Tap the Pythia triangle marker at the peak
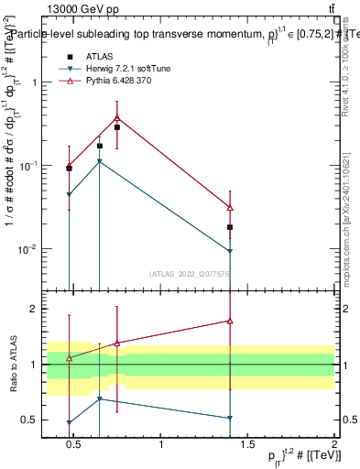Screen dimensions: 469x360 tap(117, 117)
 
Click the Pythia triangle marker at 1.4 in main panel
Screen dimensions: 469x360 tap(230, 208)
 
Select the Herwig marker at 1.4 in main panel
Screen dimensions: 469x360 tap(230, 251)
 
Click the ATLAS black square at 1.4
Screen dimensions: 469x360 tap(230, 227)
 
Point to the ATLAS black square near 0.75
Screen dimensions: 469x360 tap(117, 127)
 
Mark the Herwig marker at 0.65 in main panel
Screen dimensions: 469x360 tap(100, 161)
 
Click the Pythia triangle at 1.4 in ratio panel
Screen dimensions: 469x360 tap(230, 321)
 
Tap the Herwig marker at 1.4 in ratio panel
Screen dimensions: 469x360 tap(230, 418)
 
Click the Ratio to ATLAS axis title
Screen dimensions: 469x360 tap(14, 365)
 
